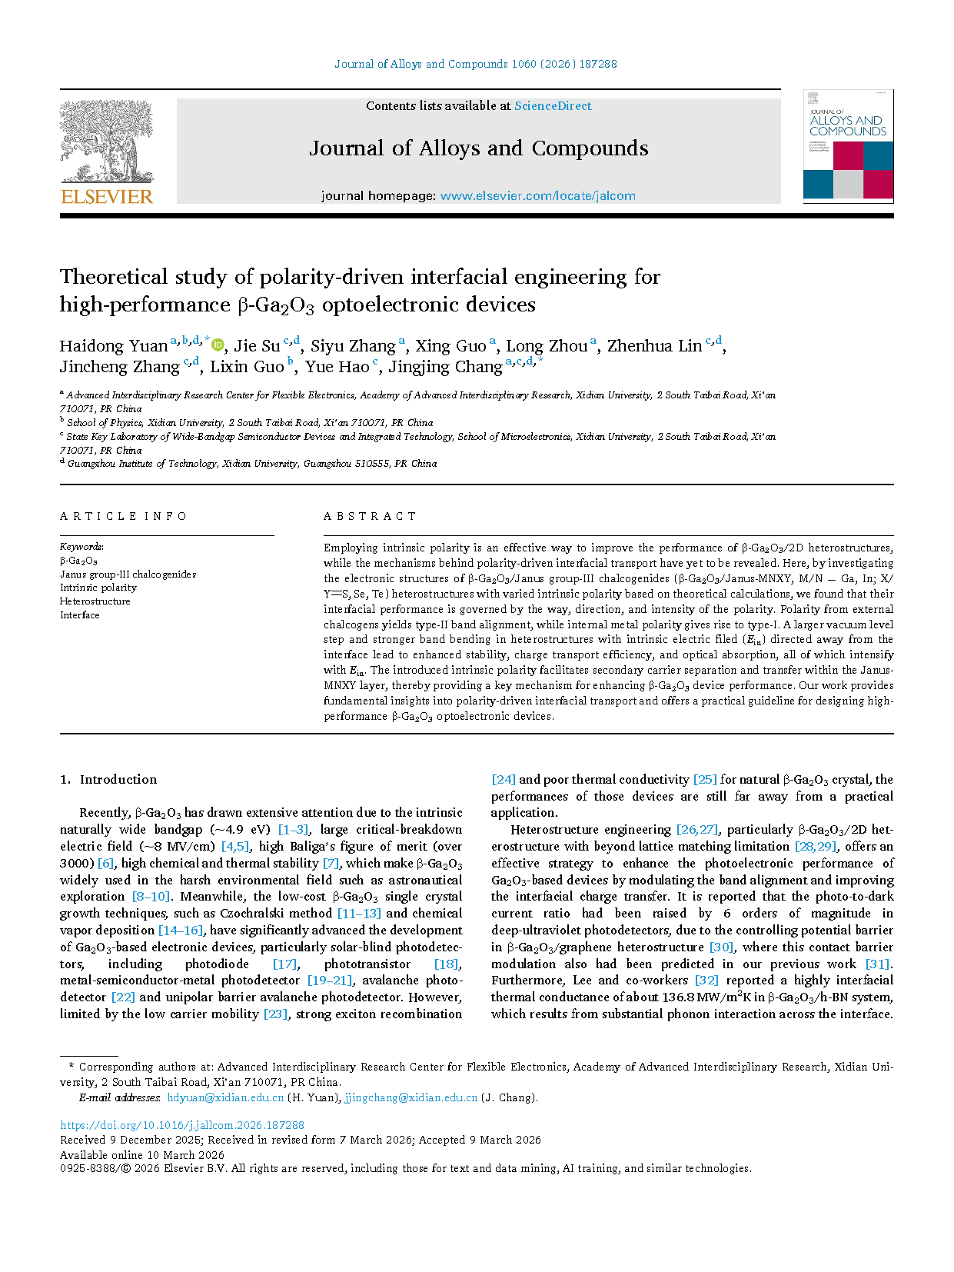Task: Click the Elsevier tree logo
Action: point(106,142)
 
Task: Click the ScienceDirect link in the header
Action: point(553,106)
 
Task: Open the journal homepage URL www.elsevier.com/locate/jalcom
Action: point(537,196)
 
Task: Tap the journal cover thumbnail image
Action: point(848,146)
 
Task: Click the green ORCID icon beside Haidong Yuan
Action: point(218,345)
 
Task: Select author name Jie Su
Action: point(257,346)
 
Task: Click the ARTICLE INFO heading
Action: point(123,516)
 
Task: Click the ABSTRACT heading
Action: point(370,516)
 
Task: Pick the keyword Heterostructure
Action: point(95,601)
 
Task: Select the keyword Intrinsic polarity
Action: point(98,588)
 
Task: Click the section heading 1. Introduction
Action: point(108,779)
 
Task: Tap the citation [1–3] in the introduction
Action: point(294,829)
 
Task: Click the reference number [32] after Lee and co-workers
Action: point(706,981)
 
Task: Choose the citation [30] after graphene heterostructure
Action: point(721,947)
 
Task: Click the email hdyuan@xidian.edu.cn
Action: point(225,1097)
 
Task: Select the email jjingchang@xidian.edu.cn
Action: point(411,1097)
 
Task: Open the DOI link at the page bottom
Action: point(182,1125)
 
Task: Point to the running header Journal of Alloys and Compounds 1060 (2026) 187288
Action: point(476,64)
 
